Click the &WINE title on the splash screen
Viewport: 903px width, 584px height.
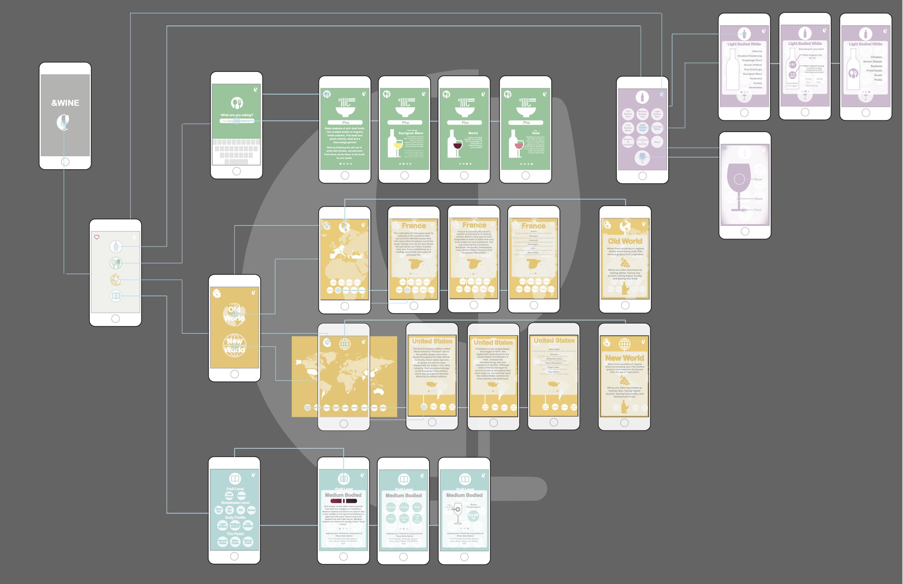[x=65, y=103]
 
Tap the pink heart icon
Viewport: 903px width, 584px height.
[x=97, y=237]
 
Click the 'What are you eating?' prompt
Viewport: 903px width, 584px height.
[x=237, y=115]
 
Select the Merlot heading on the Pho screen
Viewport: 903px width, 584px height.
[x=473, y=133]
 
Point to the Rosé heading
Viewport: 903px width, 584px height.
[x=535, y=133]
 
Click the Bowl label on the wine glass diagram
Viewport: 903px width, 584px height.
[x=758, y=179]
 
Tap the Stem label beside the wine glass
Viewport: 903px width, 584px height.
[x=758, y=199]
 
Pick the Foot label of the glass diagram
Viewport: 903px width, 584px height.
[x=757, y=210]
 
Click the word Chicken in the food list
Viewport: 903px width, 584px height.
[x=876, y=57]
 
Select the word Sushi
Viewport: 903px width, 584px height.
[x=878, y=75]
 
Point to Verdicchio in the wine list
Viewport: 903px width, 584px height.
[x=755, y=78]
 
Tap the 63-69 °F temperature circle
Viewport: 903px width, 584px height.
[x=473, y=516]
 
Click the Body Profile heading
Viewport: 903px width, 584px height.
[x=235, y=517]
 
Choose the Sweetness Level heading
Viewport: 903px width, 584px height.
[x=235, y=502]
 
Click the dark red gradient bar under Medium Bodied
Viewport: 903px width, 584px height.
[x=344, y=501]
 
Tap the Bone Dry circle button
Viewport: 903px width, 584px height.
[x=219, y=510]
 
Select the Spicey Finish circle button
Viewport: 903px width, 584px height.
[x=248, y=541]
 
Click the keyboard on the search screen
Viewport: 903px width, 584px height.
[x=236, y=151]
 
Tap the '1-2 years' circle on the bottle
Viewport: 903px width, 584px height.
[x=792, y=74]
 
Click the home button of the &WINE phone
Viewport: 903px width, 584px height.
[x=65, y=162]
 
